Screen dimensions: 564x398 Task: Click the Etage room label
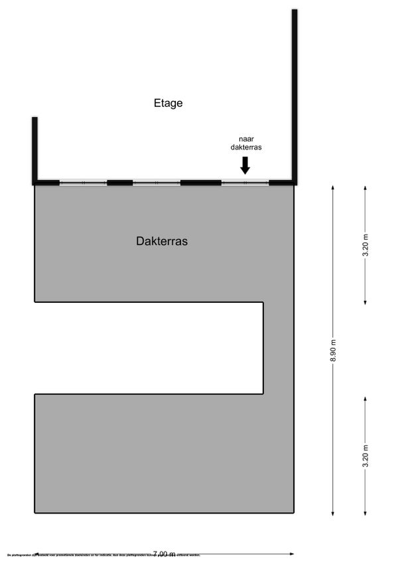tap(168, 103)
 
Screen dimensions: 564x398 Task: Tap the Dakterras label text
tap(162, 242)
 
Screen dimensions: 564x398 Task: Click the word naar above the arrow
tap(245, 139)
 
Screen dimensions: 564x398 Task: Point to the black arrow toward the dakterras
tap(245, 164)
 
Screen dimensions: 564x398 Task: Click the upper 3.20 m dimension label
tap(365, 246)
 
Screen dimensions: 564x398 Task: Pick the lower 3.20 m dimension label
tap(365, 456)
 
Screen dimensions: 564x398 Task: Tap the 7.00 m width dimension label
tap(164, 553)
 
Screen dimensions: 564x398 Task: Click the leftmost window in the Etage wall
tap(83, 183)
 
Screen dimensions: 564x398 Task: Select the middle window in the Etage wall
tap(157, 183)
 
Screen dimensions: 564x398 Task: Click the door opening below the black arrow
tap(245, 183)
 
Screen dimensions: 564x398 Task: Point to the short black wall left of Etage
tap(34, 149)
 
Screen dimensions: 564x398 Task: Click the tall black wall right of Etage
tap(294, 96)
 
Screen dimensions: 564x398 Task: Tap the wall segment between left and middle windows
tap(119, 183)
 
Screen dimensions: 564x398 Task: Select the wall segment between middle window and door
tap(200, 183)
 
